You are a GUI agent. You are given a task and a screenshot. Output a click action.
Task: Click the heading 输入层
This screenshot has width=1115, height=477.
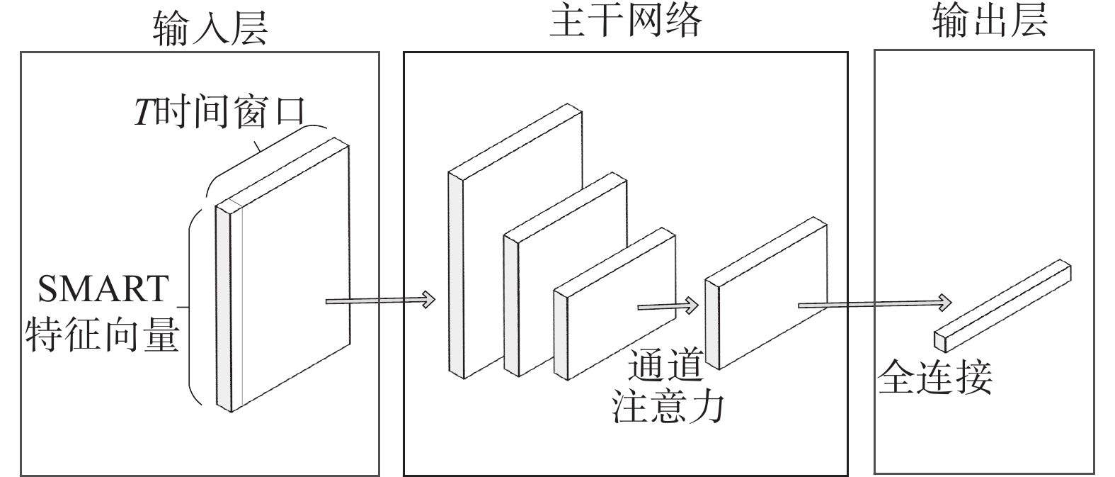pyautogui.click(x=210, y=28)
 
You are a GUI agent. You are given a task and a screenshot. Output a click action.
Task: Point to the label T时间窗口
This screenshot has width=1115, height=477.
pyautogui.click(x=219, y=112)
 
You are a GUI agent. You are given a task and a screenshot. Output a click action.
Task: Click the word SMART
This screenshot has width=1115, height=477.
pyautogui.click(x=103, y=288)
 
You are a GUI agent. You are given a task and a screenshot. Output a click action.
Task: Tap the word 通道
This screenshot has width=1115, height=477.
pyautogui.click(x=665, y=366)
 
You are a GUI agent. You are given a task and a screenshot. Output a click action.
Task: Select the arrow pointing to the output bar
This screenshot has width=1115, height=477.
pyautogui.click(x=874, y=304)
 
